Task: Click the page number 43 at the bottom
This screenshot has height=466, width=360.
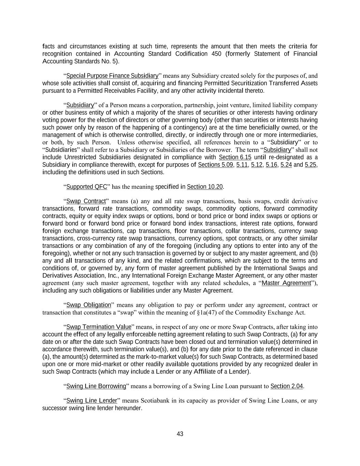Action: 180,434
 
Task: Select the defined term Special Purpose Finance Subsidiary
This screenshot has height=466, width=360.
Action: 112,76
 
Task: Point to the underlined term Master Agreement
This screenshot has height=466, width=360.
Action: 286,283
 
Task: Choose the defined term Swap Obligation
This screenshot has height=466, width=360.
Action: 89,305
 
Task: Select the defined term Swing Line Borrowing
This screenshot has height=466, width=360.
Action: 96,386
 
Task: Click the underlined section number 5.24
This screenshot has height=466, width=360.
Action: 286,165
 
